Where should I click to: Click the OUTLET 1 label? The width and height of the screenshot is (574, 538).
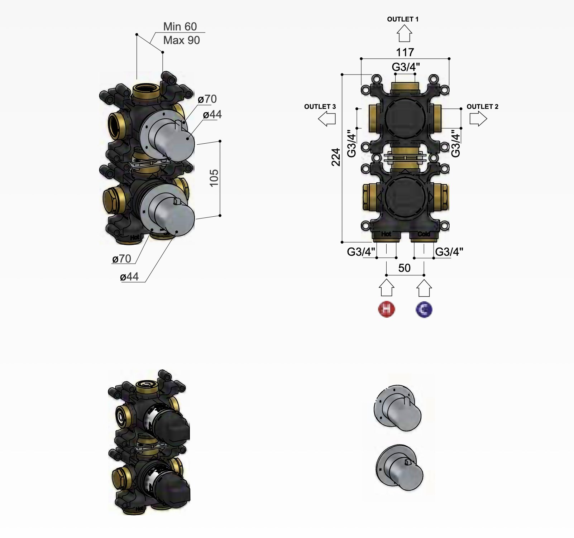(x=403, y=19)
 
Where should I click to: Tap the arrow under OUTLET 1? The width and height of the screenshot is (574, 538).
(x=404, y=34)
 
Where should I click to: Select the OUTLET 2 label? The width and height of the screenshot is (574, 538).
(x=482, y=107)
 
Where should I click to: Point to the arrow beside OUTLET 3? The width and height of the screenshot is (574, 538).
(x=327, y=119)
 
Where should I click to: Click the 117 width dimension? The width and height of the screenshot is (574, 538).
(x=405, y=52)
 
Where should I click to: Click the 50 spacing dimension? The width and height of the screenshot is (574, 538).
(x=404, y=268)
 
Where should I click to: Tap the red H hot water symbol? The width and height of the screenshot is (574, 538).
(x=386, y=309)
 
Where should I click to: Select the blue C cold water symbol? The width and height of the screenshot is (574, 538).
(x=424, y=309)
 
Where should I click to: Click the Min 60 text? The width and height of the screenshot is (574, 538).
(x=180, y=27)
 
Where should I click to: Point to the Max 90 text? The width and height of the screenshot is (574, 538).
(x=181, y=40)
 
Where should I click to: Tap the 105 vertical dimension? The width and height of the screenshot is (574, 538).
(x=214, y=178)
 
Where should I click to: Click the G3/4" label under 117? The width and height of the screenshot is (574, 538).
(x=406, y=67)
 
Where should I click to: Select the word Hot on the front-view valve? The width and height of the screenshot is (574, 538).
(x=386, y=234)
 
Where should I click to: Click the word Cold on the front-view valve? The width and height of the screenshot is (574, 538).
(x=424, y=234)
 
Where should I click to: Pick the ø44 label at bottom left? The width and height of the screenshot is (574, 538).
(x=129, y=277)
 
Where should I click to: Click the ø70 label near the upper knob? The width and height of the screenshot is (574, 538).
(x=207, y=99)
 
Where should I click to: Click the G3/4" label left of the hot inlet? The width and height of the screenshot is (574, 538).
(x=361, y=252)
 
